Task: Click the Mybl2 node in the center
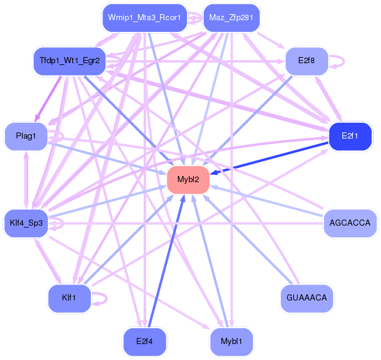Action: [x=188, y=180]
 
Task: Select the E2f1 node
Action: [x=350, y=136]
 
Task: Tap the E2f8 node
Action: [x=307, y=61]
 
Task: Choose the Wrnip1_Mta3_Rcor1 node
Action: [x=145, y=18]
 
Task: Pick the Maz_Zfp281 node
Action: [x=231, y=18]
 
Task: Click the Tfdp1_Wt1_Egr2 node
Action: [x=69, y=61]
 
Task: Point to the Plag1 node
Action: [x=26, y=136]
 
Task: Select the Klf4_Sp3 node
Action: [x=26, y=223]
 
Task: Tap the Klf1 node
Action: [x=69, y=298]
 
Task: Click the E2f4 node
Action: [x=145, y=342]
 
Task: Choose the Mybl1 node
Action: [x=231, y=342]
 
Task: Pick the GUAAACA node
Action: [x=307, y=298]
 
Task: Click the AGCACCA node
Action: [x=350, y=223]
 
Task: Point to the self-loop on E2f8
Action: [x=344, y=61]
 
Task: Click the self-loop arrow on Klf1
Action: [x=106, y=298]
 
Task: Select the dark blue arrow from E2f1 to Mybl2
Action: [x=269, y=158]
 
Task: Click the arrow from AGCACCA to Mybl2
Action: [x=266, y=201]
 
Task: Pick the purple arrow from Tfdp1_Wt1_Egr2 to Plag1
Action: [x=48, y=99]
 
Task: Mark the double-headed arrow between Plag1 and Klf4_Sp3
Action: [x=26, y=180]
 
